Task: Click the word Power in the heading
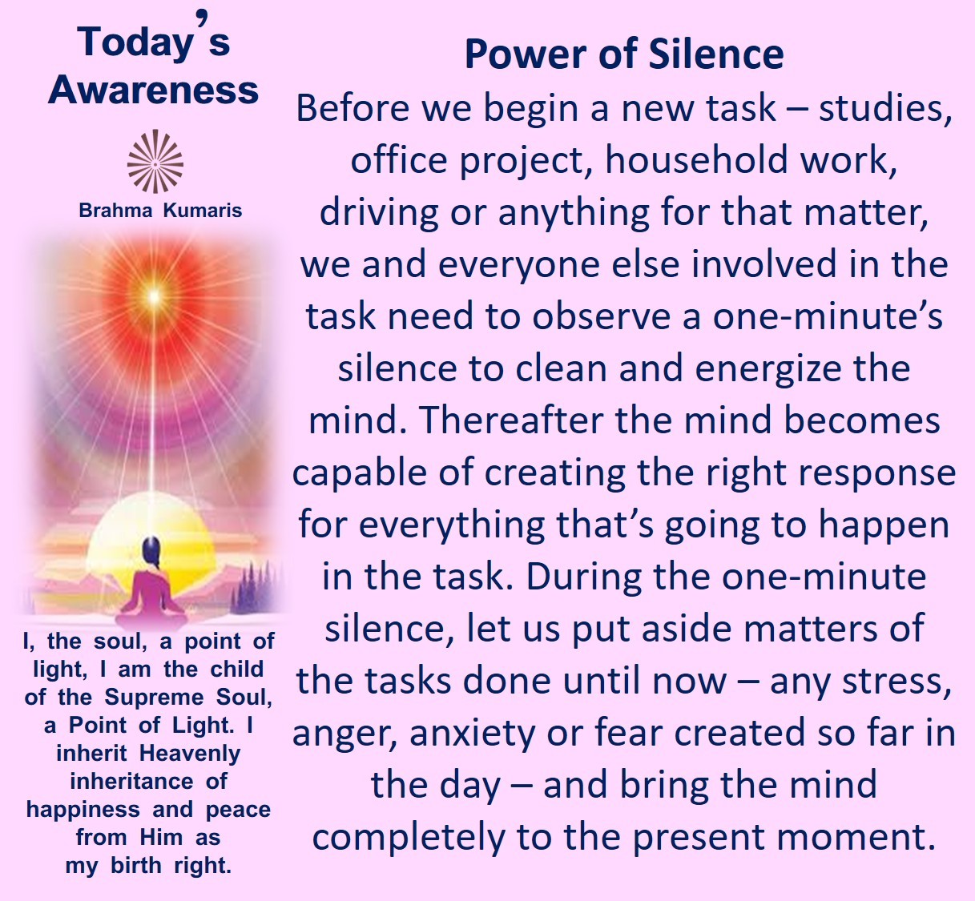point(527,54)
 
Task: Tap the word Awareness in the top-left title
point(153,91)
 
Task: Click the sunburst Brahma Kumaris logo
point(155,161)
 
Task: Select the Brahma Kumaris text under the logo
point(160,210)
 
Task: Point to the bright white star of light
point(154,296)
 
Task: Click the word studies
point(885,108)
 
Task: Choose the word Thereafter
point(510,420)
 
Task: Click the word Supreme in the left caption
point(154,698)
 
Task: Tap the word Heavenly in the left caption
point(190,753)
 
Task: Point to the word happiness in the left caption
point(83,810)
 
